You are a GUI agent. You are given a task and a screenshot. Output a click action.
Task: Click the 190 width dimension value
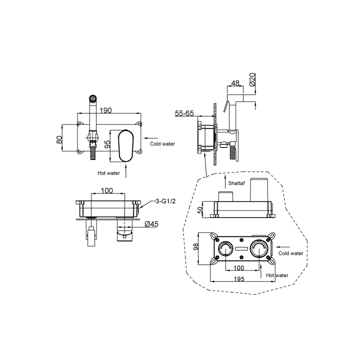point(105,110)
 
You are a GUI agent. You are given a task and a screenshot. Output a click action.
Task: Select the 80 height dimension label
point(59,139)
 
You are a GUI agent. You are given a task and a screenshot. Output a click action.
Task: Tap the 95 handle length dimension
point(107,144)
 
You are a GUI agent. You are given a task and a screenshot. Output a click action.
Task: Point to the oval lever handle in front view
point(125,146)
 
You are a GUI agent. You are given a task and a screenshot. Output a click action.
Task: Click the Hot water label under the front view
point(108,173)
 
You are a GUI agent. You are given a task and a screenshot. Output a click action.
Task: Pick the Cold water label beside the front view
point(162,144)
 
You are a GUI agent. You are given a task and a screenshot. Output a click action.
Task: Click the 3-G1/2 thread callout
point(165,201)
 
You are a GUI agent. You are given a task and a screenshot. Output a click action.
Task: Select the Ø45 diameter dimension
point(151,224)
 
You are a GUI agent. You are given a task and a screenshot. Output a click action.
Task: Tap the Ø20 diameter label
point(252,79)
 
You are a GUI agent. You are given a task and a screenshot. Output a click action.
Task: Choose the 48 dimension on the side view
point(235,83)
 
